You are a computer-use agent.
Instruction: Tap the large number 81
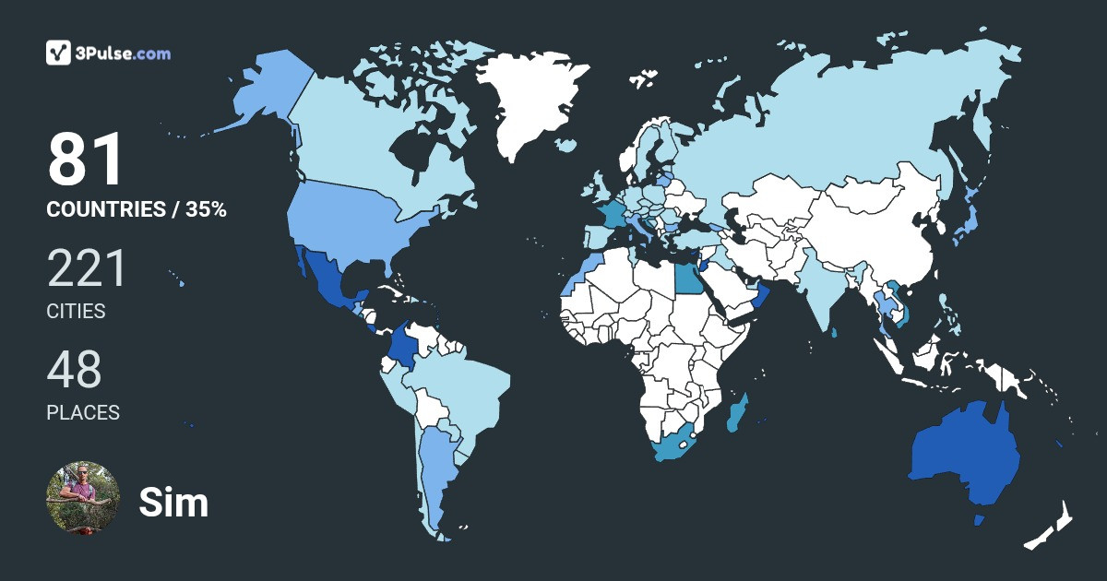pos(85,160)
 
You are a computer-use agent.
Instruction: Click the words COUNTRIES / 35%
pos(137,209)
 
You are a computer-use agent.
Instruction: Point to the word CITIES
pos(76,312)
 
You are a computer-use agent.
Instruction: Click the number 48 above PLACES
pos(74,370)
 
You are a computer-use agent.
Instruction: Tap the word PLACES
pos(83,413)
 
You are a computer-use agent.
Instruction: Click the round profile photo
pos(83,498)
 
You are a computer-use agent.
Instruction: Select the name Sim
pos(173,503)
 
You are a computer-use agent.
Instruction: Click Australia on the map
pos(964,456)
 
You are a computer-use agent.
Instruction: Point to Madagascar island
pos(737,414)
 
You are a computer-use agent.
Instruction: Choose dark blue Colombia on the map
pos(402,346)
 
